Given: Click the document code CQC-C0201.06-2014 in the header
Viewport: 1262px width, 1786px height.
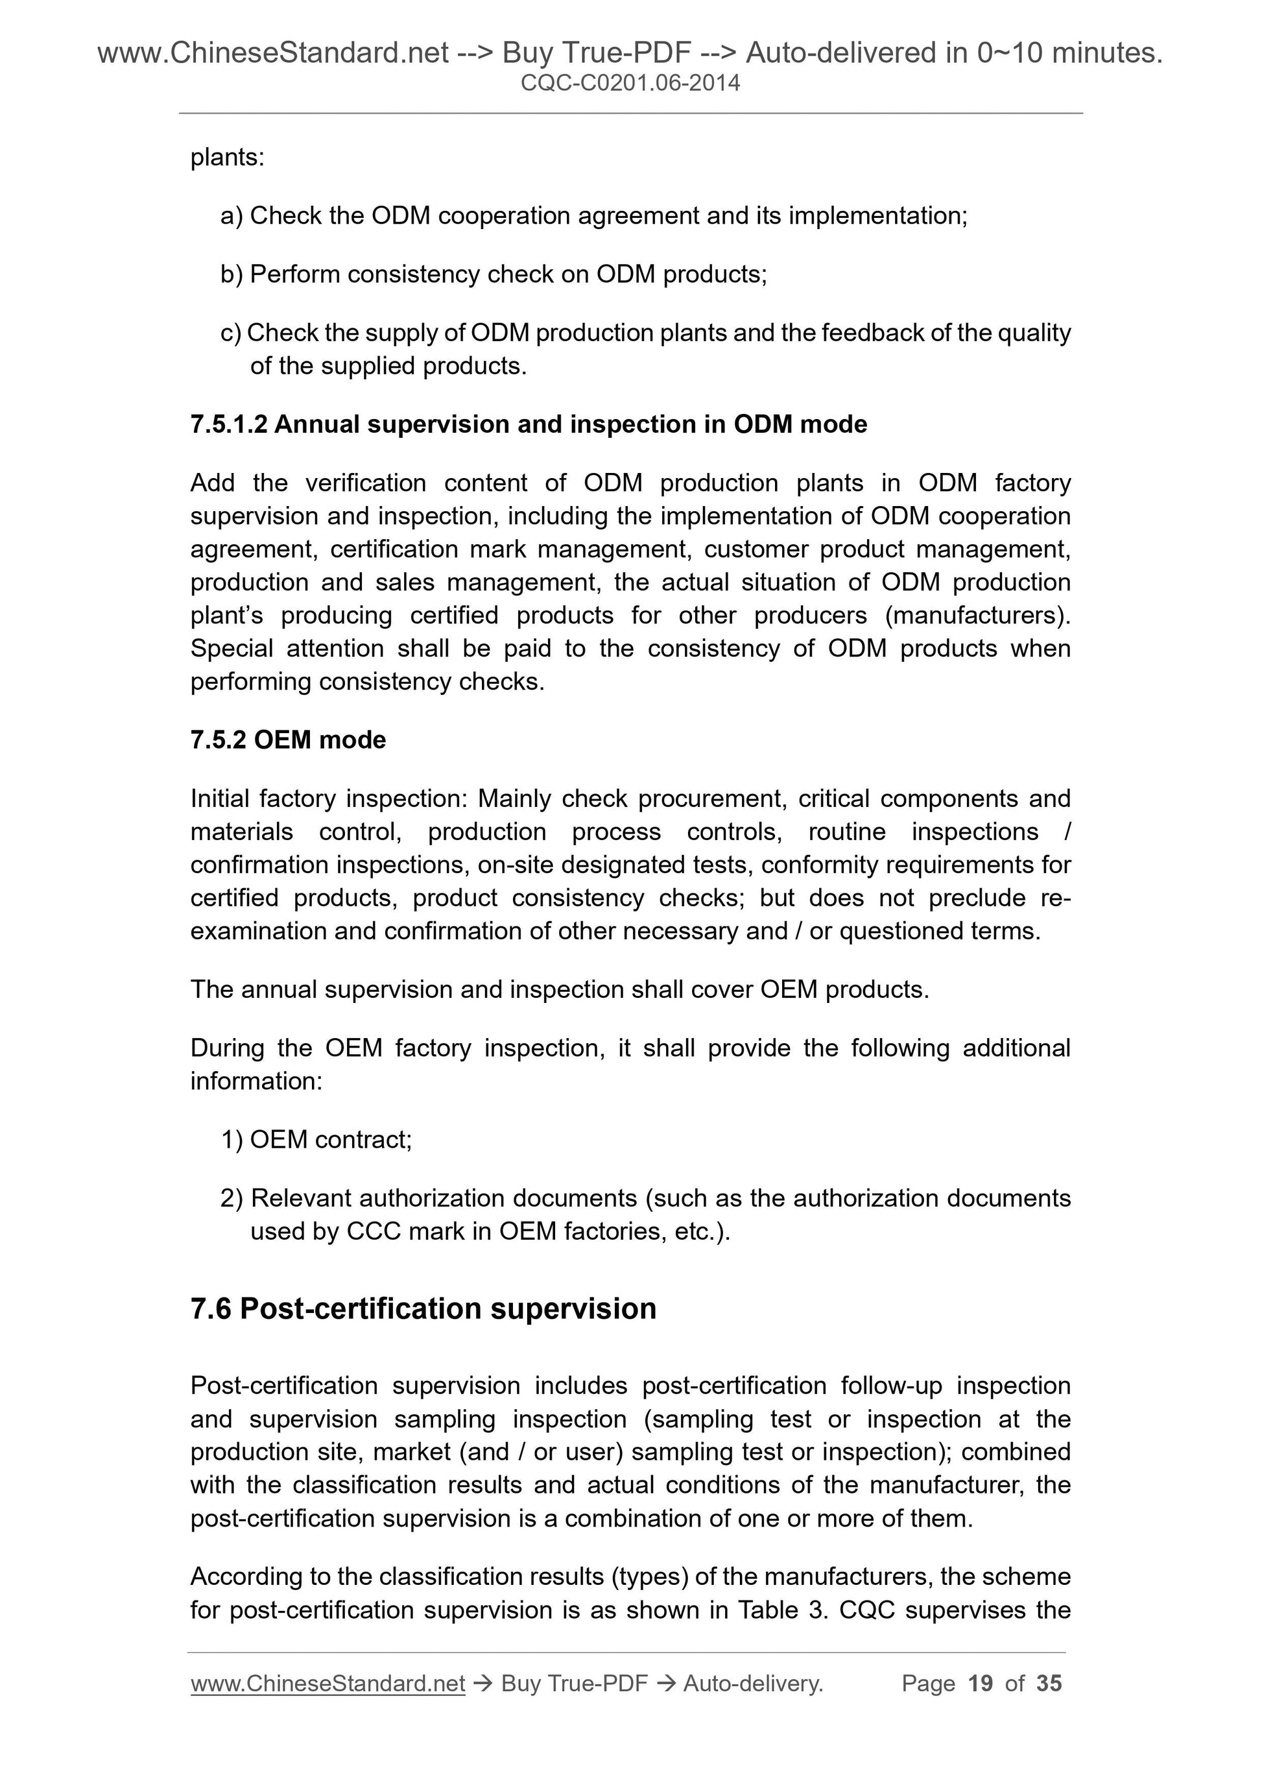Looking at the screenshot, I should click(630, 82).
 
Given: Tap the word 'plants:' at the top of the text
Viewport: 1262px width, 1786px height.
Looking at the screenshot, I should click(227, 158).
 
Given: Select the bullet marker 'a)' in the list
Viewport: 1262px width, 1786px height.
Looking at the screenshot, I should click(232, 215).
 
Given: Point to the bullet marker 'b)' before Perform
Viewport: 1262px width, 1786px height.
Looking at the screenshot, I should click(232, 274).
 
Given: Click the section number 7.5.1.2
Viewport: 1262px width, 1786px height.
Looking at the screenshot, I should click(229, 425).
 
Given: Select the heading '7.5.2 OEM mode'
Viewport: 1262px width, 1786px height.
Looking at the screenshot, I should click(288, 740).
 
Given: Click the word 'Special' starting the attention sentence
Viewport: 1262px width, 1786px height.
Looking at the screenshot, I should click(231, 649).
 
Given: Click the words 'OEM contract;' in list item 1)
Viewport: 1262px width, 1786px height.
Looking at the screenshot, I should click(331, 1140).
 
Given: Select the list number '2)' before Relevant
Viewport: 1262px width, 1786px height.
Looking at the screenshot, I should click(232, 1198).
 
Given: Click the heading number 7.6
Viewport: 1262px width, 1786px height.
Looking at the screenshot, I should click(211, 1309).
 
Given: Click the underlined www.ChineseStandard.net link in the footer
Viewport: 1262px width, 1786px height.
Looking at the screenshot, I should click(327, 1683).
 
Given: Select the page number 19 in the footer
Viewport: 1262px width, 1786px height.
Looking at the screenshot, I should click(980, 1683).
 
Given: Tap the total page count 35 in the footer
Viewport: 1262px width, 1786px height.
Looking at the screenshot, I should click(1048, 1683).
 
